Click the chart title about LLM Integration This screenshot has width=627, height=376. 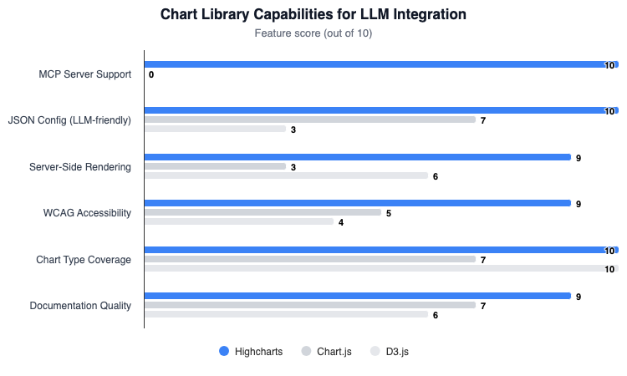[x=313, y=15]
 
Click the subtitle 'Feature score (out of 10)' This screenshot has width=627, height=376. [x=313, y=34]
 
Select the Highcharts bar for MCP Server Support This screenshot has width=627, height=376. [x=380, y=64]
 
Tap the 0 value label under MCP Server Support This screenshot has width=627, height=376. [x=151, y=75]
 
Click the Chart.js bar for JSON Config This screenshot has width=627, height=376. [x=310, y=120]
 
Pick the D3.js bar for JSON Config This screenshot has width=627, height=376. [x=215, y=130]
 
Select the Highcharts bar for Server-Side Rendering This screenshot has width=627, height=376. [x=357, y=157]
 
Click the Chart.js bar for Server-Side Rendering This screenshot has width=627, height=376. [x=215, y=166]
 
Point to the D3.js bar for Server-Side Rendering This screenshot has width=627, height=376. [x=286, y=176]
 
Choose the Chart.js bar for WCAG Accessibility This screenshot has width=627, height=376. [x=263, y=213]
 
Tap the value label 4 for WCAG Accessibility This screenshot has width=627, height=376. [x=341, y=223]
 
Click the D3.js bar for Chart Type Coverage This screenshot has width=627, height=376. [x=380, y=269]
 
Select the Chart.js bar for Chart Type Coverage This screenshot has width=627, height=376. [x=310, y=259]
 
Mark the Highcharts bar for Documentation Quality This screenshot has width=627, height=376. [x=357, y=296]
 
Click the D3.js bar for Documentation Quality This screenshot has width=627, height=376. [x=286, y=315]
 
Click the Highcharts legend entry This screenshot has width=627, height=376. [x=252, y=352]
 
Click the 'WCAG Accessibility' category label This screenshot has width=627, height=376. [x=87, y=213]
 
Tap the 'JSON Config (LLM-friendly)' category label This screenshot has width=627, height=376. [x=69, y=120]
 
